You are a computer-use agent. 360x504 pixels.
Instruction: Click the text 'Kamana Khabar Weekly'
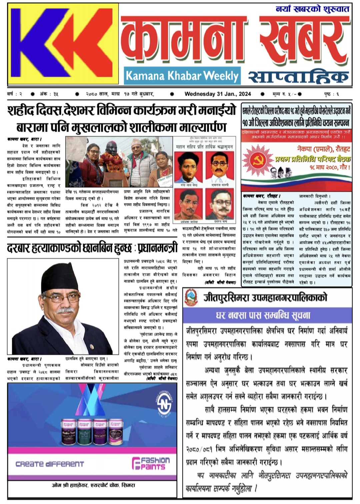[x=182, y=76]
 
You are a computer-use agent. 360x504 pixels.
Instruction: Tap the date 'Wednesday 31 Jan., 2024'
[x=218, y=94]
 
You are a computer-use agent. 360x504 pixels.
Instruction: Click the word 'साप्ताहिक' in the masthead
[x=298, y=77]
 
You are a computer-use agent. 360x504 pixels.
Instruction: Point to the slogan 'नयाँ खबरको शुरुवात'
[x=312, y=9]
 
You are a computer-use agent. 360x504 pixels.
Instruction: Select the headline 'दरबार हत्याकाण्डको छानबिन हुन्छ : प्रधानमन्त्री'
[x=92, y=248]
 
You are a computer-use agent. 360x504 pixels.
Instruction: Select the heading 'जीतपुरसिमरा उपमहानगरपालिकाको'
[x=265, y=297]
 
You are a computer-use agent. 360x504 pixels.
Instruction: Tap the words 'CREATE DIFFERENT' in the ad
[x=50, y=464]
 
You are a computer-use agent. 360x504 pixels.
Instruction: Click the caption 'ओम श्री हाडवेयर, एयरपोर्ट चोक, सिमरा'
[x=93, y=485]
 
